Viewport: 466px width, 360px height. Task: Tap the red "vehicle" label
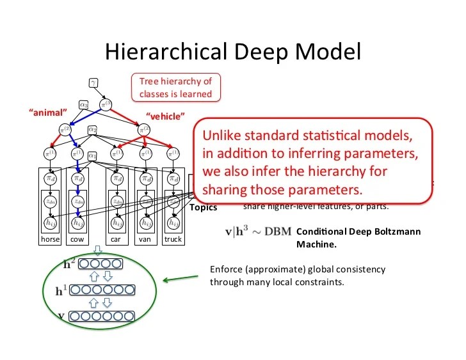click(x=166, y=115)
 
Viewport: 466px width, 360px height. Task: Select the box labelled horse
click(x=50, y=239)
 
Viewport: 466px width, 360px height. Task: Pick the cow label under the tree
click(x=77, y=239)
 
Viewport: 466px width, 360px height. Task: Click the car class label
click(x=115, y=239)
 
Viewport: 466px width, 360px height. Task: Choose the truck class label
click(x=173, y=239)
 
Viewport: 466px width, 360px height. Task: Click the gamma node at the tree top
click(x=93, y=82)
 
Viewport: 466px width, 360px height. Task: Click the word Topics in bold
click(x=203, y=207)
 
